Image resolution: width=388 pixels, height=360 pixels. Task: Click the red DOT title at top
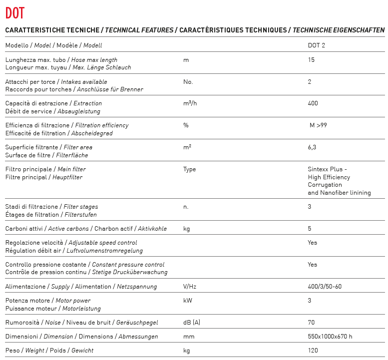[14, 12]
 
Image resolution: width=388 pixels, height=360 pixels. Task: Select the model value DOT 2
[317, 45]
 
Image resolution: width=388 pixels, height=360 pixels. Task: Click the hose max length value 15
[311, 60]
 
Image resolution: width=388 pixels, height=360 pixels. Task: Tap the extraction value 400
[313, 103]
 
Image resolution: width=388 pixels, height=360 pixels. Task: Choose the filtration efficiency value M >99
[318, 125]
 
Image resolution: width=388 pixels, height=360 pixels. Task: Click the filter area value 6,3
[312, 147]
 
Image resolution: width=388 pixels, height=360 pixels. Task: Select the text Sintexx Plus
[325, 169]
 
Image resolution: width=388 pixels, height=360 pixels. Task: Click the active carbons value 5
[310, 229]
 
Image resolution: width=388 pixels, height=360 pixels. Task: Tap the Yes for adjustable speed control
[313, 243]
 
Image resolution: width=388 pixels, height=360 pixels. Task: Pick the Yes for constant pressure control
[313, 265]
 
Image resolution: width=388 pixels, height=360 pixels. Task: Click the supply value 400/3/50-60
[325, 287]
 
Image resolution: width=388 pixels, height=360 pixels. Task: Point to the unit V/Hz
[189, 287]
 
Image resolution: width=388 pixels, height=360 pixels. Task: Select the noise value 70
[311, 323]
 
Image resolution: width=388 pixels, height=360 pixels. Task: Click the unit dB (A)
[192, 323]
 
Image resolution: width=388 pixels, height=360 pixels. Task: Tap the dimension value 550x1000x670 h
[330, 337]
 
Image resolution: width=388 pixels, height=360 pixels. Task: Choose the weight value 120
[313, 351]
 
